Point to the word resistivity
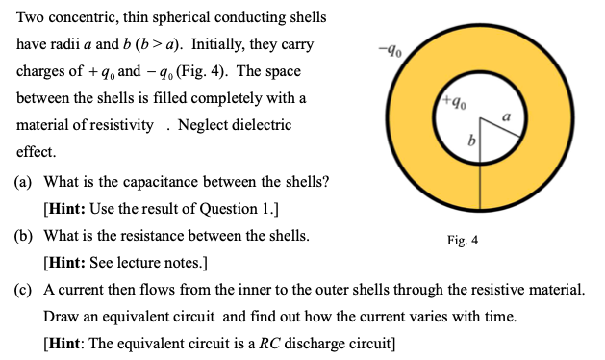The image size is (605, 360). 119,126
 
